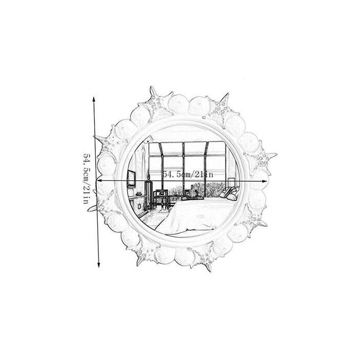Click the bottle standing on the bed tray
coord(191,188)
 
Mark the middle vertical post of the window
coord(184,165)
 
